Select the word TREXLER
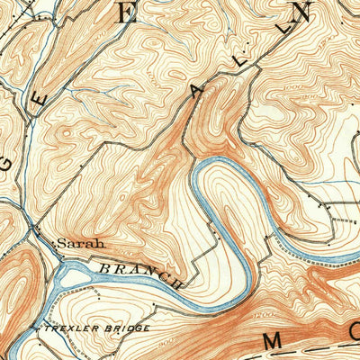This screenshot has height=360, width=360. (63, 328)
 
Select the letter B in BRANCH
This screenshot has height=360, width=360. (103, 267)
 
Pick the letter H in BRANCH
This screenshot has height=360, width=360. (176, 283)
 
